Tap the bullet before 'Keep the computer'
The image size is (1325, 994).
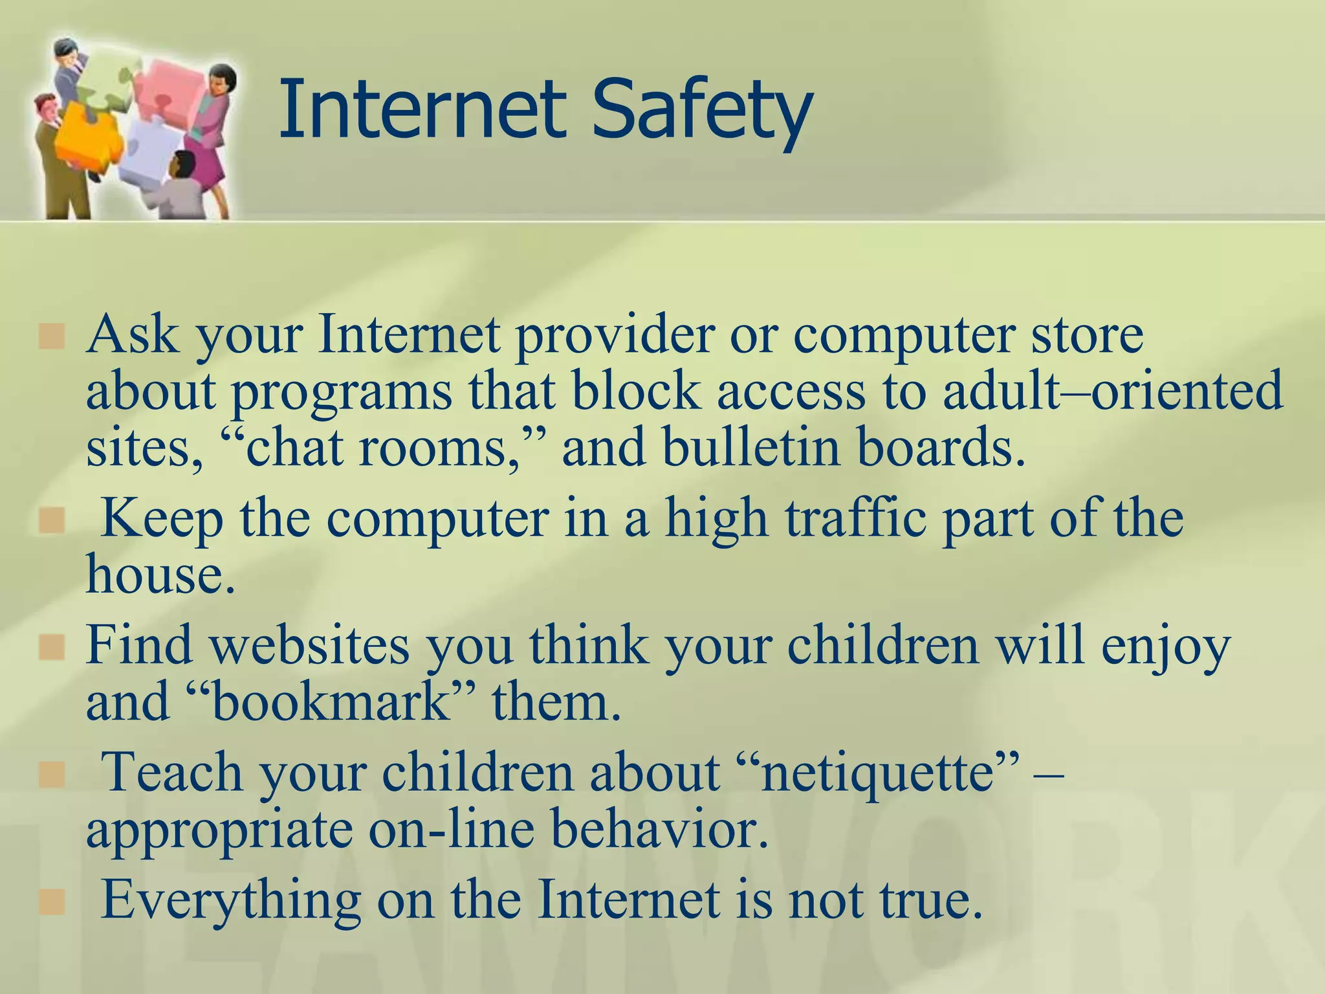52,521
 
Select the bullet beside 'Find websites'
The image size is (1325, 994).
52,648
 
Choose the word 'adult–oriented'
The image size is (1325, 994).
1112,391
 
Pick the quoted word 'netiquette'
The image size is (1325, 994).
877,773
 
